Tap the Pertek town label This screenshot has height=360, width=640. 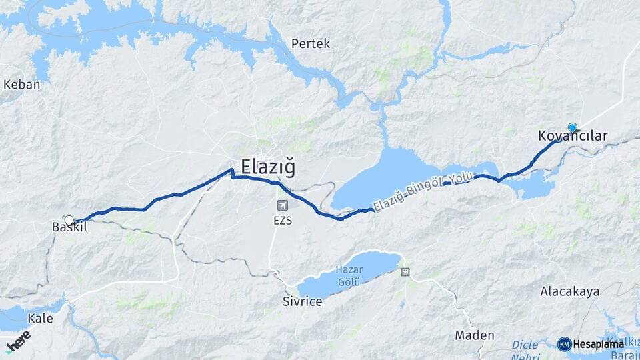coord(311,44)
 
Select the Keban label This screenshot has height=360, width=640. coord(22,85)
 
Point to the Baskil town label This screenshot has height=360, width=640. coord(69,227)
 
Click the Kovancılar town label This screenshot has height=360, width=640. coord(573,136)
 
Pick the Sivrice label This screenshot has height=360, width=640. coord(302,301)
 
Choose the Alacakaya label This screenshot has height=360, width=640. coord(570,291)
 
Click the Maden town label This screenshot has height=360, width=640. coord(475,335)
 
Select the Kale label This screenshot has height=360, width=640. coord(41,318)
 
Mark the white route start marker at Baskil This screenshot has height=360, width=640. coord(69,220)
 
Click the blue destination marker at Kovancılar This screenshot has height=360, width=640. coord(572,127)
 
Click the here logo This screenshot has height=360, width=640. coord(18,341)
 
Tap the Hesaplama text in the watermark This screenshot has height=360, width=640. coord(598,344)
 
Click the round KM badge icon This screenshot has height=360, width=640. coord(564,344)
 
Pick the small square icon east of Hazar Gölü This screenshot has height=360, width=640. coord(405,271)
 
